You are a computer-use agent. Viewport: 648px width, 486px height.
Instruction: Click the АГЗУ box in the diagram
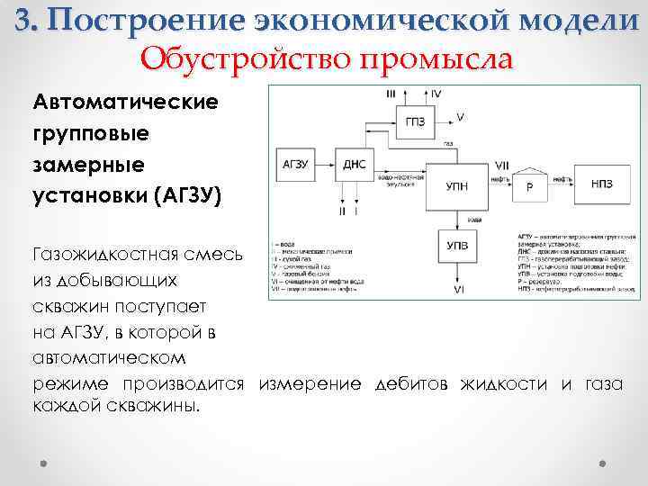coord(297,164)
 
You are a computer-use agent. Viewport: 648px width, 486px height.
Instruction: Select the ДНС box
coord(353,164)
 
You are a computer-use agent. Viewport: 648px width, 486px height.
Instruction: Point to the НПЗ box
coord(602,184)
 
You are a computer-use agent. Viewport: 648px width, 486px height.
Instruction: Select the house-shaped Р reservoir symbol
coord(529,186)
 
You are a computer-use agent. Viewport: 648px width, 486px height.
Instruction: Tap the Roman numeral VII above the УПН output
coord(502,166)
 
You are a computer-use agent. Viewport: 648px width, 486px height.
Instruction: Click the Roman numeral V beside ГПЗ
coord(460,118)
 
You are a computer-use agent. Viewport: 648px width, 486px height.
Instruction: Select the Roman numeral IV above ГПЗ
coord(436,94)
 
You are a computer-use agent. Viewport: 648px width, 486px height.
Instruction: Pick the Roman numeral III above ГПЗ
coord(391,94)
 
